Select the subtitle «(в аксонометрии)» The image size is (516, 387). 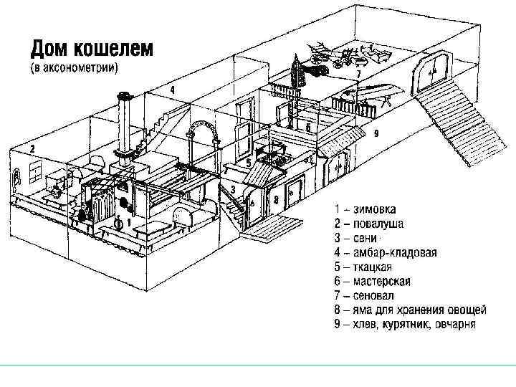[x=74, y=68]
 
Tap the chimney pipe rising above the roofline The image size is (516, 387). [x=124, y=122]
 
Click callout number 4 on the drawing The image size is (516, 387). [x=173, y=90]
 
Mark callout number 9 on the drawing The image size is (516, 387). [x=376, y=133]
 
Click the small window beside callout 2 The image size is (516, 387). [x=34, y=172]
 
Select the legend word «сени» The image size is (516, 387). [x=369, y=238]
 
